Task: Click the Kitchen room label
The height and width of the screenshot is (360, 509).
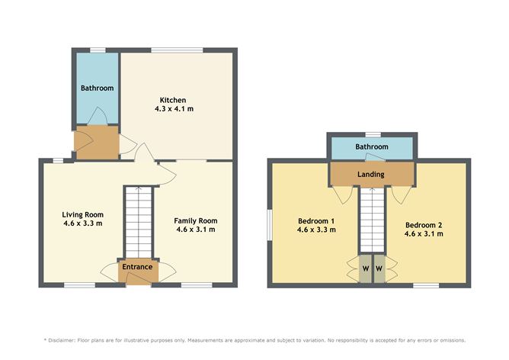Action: pyautogui.click(x=173, y=100)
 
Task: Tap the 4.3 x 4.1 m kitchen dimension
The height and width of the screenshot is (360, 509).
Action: pyautogui.click(x=173, y=109)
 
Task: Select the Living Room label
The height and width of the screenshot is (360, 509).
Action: pyautogui.click(x=83, y=214)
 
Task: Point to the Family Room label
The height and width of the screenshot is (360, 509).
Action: pyautogui.click(x=197, y=220)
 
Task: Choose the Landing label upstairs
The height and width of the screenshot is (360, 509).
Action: pyautogui.click(x=371, y=175)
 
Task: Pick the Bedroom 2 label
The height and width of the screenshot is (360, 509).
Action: pyautogui.click(x=424, y=225)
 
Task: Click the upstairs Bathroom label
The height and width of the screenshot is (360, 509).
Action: pyautogui.click(x=371, y=146)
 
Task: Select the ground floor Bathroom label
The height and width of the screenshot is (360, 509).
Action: pyautogui.click(x=98, y=88)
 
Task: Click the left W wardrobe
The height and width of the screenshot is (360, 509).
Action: pyautogui.click(x=364, y=268)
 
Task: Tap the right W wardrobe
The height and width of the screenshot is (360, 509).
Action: pyautogui.click(x=379, y=268)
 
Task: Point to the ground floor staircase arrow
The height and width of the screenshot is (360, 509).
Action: pyautogui.click(x=139, y=192)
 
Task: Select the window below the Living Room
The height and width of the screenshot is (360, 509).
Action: pyautogui.click(x=79, y=285)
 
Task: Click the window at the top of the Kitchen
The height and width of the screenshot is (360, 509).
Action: pyautogui.click(x=177, y=50)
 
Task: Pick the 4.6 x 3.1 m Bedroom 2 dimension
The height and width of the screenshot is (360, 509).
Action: pyautogui.click(x=424, y=234)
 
